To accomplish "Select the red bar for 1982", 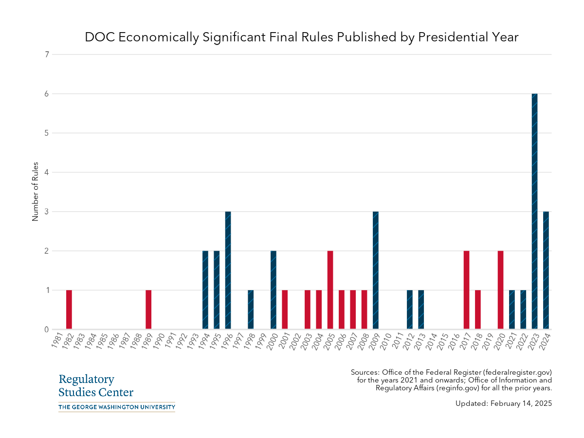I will coord(69,310).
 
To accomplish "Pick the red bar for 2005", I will coord(330,290).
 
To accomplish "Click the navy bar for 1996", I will coord(228,271).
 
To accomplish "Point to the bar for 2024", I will coord(546,271).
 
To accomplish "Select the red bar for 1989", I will coord(148,310).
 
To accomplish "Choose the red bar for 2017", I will coord(466,290).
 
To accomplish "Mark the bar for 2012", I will coord(410,310).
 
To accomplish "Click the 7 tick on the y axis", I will coord(47,55).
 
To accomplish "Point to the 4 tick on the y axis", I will coord(47,172).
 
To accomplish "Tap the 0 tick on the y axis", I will coord(47,330).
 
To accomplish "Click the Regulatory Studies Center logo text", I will coord(96,386).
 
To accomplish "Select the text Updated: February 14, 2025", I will coord(504,403).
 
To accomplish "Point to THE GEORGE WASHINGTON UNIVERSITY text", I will coord(117,407).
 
